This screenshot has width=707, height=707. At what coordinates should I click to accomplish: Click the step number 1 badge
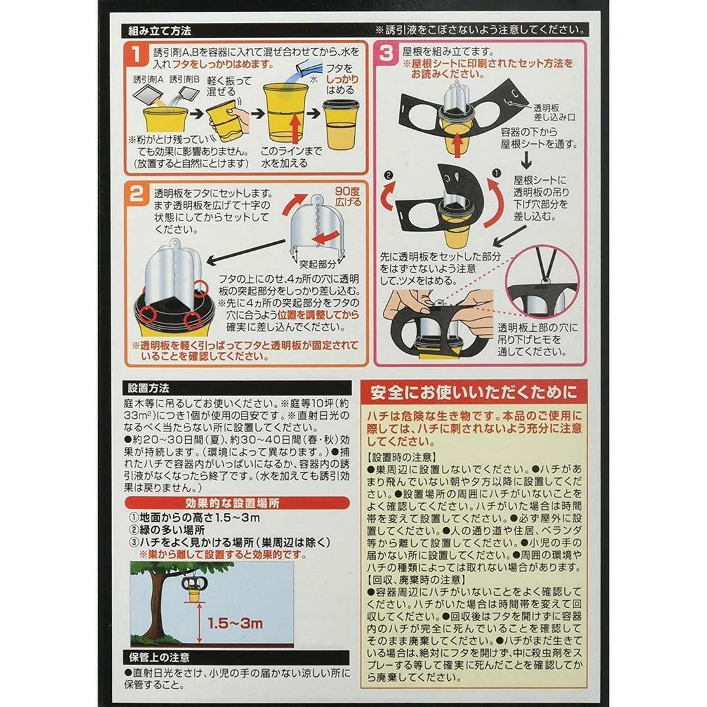click(137, 54)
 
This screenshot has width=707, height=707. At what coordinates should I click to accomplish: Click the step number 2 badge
click(137, 194)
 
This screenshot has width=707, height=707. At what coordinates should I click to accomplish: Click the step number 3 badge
click(386, 54)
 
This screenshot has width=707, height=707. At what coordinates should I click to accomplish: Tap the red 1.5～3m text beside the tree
click(235, 624)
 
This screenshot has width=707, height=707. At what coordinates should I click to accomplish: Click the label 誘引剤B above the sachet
click(185, 80)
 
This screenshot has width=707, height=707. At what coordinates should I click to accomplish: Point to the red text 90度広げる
click(348, 196)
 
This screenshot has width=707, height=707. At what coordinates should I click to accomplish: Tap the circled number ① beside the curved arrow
click(496, 173)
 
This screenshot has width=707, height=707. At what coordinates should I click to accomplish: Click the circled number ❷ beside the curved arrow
click(389, 175)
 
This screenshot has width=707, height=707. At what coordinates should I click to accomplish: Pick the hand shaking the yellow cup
click(240, 118)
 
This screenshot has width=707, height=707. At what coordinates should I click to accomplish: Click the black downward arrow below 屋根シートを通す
click(526, 160)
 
